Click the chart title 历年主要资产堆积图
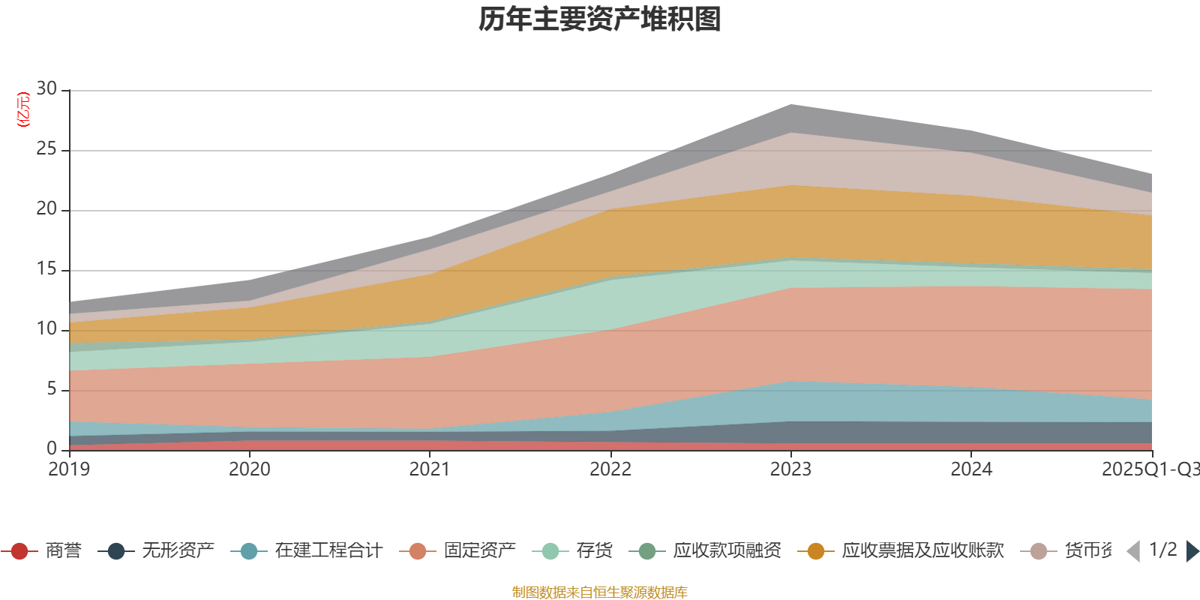tap(600, 19)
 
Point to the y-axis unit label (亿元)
tap(23, 109)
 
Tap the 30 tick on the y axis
tap(46, 89)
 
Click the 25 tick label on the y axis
tap(46, 149)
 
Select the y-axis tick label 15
tap(46, 269)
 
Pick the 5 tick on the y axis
tap(51, 389)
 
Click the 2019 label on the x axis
tap(69, 469)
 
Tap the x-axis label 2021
tap(430, 469)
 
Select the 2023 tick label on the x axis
tap(790, 469)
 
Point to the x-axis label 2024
tap(971, 469)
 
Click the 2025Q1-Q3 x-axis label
tap(1149, 469)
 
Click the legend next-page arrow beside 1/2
tap(1192, 551)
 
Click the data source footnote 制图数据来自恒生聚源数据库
tap(600, 592)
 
